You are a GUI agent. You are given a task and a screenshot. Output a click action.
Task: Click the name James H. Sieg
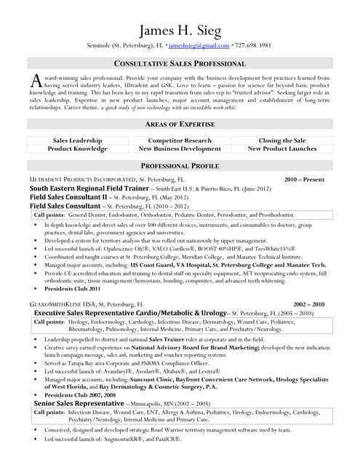[179, 30]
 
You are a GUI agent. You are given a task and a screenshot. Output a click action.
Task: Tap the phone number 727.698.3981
[253, 45]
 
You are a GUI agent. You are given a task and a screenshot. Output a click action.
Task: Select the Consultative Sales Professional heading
[180, 64]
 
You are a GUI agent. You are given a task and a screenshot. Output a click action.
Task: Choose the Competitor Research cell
[179, 140]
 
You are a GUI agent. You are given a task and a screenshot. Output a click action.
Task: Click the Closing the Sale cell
[281, 140]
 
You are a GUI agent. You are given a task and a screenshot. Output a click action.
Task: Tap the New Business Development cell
[179, 148]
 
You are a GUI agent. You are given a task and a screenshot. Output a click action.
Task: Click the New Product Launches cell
[281, 148]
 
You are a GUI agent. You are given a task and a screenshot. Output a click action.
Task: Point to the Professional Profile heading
[180, 166]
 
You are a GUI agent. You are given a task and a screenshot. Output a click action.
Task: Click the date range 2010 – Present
[304, 179]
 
